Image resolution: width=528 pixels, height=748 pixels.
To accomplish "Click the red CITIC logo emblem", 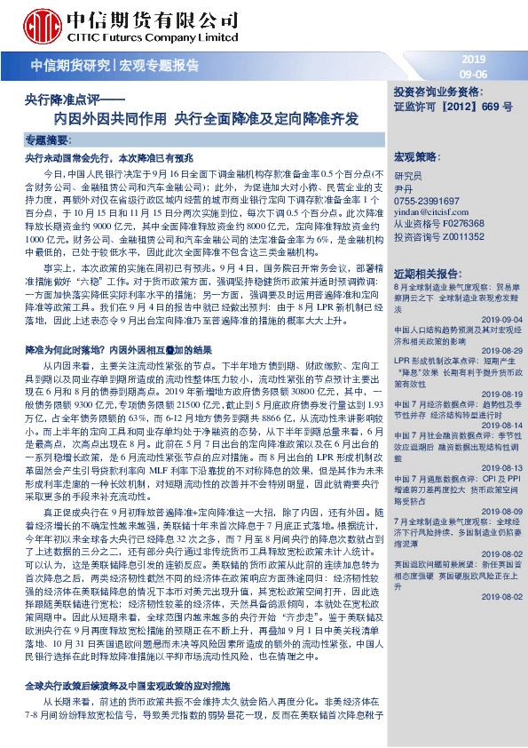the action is (x=41, y=23).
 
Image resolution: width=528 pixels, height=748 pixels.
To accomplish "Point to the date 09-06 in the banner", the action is (x=474, y=73).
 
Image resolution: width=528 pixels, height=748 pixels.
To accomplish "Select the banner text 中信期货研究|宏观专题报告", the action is (x=115, y=66).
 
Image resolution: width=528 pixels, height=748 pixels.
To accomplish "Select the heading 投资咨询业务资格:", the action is (x=440, y=92).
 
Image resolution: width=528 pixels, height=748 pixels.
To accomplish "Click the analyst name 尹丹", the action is (x=403, y=189).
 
